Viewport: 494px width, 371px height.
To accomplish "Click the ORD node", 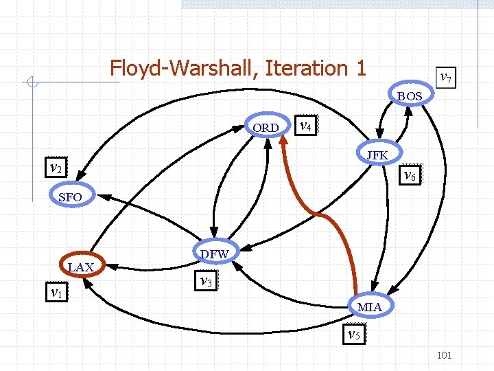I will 266,127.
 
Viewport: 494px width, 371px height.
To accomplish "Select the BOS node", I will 410,96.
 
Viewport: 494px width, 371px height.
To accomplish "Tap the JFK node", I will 377,155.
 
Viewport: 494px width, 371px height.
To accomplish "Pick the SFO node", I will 70,197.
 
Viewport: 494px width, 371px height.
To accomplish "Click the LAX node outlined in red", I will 80,267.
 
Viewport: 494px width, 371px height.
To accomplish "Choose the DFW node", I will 214,254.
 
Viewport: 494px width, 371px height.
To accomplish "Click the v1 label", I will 57,293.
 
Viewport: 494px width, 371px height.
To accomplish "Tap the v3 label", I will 205,280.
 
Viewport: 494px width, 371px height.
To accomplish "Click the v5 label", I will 354,335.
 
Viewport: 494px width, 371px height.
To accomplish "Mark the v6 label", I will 410,175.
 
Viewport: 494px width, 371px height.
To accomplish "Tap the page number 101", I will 444,355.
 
